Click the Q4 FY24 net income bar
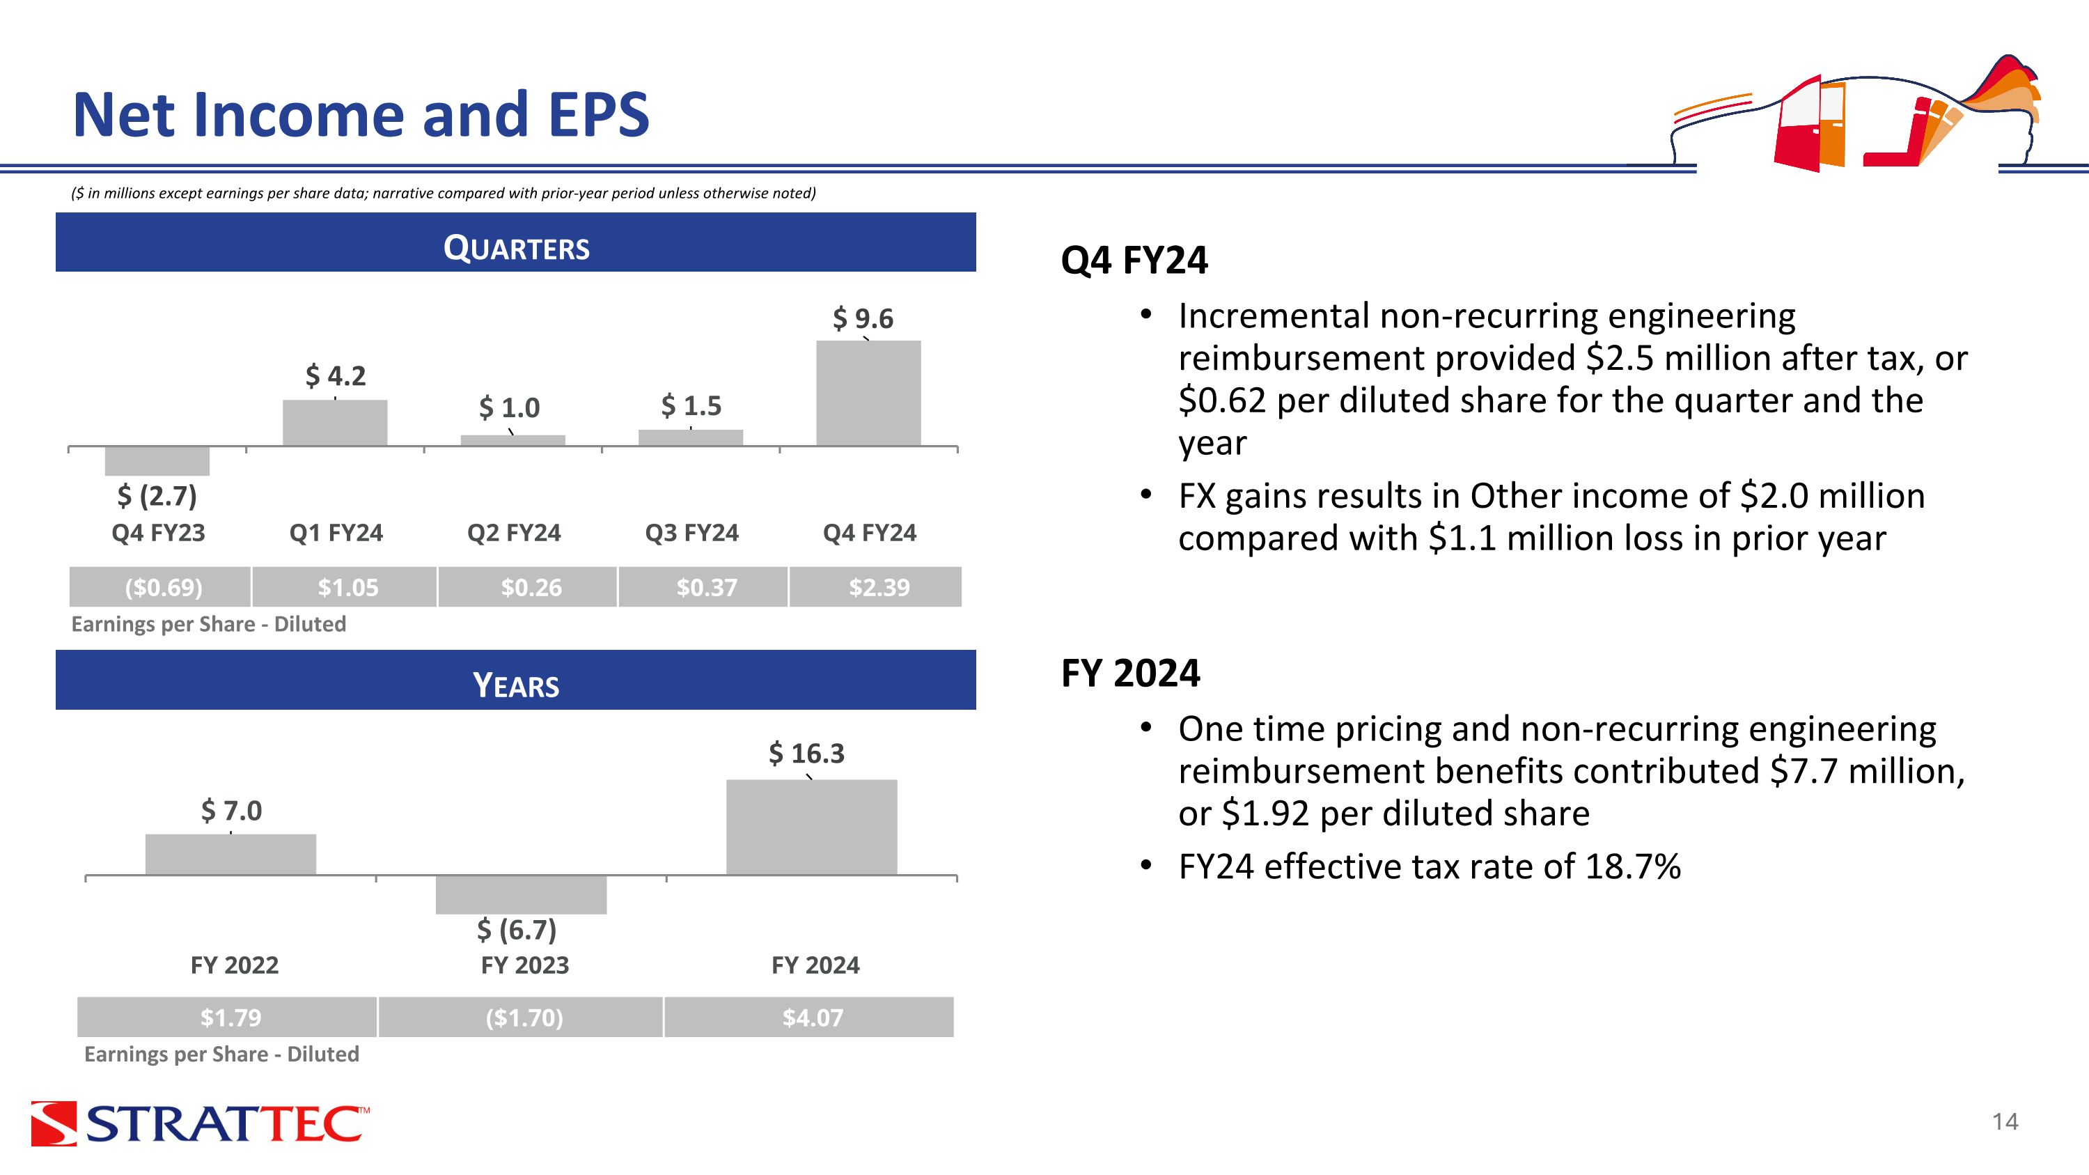point(868,394)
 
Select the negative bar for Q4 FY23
point(157,460)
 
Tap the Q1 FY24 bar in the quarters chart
point(335,423)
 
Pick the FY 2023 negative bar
point(522,894)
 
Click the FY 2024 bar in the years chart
point(812,827)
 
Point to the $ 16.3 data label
point(807,754)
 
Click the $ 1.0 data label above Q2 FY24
point(509,407)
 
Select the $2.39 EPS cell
point(876,587)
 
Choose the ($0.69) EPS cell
point(161,587)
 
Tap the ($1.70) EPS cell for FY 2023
point(521,1017)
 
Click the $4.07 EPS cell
point(809,1017)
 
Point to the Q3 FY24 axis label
point(691,533)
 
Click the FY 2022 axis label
point(235,965)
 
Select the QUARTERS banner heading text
point(517,247)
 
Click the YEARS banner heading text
point(516,685)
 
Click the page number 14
point(2005,1121)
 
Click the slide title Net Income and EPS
point(361,114)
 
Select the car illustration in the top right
point(1857,114)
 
